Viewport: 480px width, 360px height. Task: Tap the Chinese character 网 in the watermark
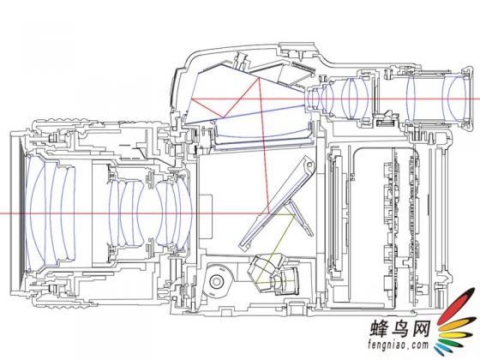421,328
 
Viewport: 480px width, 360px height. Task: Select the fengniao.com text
399,345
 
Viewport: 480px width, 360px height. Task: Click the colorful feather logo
456,326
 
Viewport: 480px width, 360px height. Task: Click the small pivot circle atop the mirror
309,165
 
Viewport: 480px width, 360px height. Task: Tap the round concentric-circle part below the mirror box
217,281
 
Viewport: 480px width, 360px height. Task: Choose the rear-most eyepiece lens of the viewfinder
456,99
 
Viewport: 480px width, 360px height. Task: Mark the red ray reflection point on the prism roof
260,78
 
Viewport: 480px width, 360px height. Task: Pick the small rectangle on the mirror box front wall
206,216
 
